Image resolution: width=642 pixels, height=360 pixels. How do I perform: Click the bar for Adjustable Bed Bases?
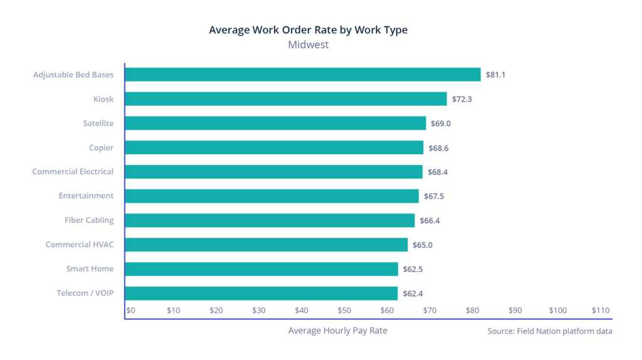click(303, 75)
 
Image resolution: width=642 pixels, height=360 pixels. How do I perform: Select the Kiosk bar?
click(286, 99)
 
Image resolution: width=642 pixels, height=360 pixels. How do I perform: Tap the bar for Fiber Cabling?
click(270, 220)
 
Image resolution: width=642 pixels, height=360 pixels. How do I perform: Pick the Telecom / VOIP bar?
click(261, 293)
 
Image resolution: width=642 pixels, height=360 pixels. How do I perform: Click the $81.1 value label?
click(495, 75)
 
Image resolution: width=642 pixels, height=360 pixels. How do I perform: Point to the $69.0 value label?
click(441, 124)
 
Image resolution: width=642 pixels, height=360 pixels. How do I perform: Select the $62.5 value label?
click(413, 269)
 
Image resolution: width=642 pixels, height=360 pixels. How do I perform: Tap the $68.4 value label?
click(437, 172)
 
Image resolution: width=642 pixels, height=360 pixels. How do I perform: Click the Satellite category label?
click(98, 124)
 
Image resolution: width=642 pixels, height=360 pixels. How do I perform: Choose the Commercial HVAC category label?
click(80, 245)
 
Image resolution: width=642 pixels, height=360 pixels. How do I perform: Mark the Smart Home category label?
click(90, 269)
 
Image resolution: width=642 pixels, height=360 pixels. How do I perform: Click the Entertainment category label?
click(86, 196)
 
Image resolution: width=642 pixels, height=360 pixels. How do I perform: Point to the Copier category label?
click(101, 147)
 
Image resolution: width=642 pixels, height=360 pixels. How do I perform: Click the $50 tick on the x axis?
click(344, 310)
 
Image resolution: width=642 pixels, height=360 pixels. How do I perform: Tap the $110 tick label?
click(600, 310)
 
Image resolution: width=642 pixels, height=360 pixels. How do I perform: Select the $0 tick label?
click(131, 310)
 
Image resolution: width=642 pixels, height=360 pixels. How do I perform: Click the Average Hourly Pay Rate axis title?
click(337, 331)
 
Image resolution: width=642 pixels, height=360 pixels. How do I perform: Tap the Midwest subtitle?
click(308, 45)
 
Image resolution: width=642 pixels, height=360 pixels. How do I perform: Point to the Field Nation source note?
click(549, 331)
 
